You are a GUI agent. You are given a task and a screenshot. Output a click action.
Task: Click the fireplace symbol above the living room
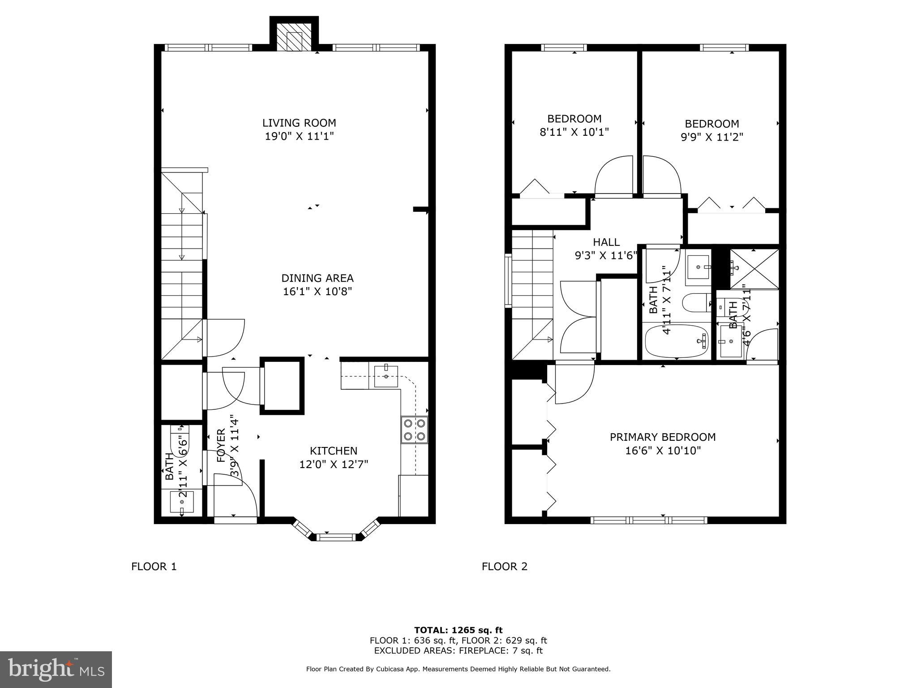pos(294,36)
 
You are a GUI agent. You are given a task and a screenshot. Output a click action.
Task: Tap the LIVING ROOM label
pos(299,123)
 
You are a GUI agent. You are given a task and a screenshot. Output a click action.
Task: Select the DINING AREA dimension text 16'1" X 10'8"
pos(317,292)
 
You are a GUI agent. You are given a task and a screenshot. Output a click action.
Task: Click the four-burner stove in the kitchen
pos(414,430)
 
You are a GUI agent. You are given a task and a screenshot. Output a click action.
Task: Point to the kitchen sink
pos(386,376)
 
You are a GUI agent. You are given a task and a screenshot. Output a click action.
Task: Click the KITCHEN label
pos(334,451)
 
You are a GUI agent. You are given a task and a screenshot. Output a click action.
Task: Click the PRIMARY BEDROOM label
pos(663,437)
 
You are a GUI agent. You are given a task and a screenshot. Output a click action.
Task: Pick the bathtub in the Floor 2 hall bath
pos(677,341)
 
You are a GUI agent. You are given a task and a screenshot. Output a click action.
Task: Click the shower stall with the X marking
pos(754,269)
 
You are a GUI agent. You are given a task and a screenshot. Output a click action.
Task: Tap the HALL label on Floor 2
pos(606,242)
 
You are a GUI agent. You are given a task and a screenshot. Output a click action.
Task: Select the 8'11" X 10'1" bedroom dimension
pos(574,132)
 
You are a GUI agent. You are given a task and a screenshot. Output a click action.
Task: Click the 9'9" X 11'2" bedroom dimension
pos(712,137)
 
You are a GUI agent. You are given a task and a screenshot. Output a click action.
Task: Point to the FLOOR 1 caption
pos(154,567)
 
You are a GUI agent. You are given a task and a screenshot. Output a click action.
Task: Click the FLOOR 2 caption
pos(505,567)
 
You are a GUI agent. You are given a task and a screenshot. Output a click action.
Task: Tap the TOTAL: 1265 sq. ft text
pos(458,630)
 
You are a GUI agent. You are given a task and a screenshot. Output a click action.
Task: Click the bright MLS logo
pos(56,669)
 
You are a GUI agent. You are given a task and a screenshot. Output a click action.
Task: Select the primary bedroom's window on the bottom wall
pos(649,520)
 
